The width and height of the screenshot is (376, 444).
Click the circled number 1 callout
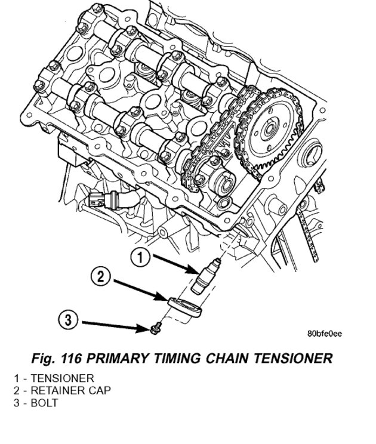140,257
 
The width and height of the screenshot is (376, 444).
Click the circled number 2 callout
101,276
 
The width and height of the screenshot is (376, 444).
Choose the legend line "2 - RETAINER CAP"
62,390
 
